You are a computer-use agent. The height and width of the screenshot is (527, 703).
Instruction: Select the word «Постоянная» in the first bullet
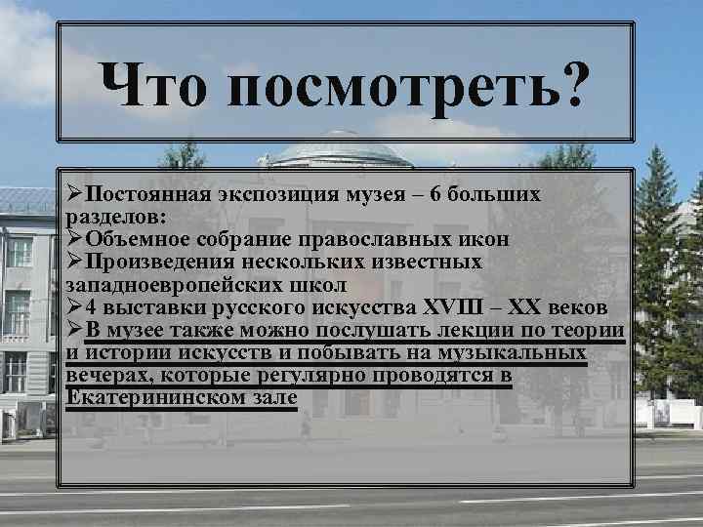pyautogui.click(x=141, y=194)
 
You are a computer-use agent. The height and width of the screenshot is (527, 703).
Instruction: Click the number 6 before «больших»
pyautogui.click(x=436, y=194)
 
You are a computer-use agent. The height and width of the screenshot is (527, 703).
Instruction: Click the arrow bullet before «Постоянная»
pyautogui.click(x=74, y=193)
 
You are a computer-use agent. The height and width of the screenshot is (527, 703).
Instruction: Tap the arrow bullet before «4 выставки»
pyautogui.click(x=74, y=306)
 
